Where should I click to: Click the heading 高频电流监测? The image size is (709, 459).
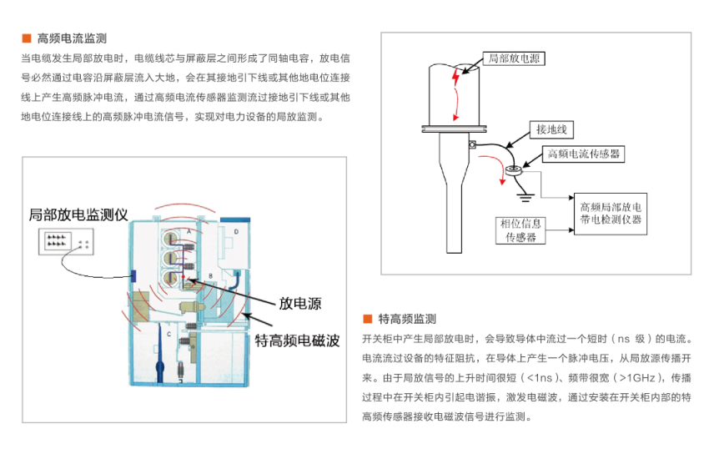click(72, 38)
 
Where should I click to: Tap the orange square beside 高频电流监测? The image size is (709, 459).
click(26, 38)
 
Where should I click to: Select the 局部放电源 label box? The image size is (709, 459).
click(513, 59)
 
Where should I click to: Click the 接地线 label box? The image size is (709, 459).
click(551, 129)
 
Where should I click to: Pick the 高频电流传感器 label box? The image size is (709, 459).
click(584, 154)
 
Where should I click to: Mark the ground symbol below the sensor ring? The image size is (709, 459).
click(525, 196)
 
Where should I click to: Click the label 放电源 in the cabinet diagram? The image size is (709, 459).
click(300, 304)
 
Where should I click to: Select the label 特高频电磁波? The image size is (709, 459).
click(296, 340)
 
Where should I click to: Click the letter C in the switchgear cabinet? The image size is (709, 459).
click(167, 334)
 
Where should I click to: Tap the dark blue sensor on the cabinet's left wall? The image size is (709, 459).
click(131, 276)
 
